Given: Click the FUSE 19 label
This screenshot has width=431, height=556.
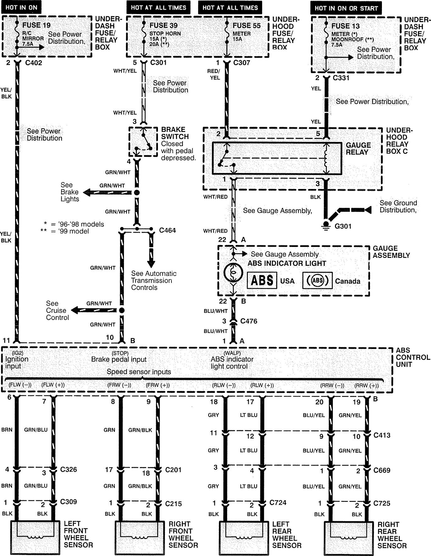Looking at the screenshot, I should [36, 25].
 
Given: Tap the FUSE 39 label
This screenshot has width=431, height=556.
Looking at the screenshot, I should [163, 26].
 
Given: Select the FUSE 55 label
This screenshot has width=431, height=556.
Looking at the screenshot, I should [247, 26].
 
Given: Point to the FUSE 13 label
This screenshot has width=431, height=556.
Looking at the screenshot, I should [345, 26].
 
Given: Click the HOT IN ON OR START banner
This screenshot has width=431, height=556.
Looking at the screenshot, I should [346, 8].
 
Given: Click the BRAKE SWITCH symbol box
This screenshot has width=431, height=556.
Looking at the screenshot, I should [143, 142].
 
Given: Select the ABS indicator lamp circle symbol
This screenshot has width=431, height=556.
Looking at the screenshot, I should [233, 273].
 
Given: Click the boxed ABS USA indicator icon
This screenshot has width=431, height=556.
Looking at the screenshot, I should [262, 281].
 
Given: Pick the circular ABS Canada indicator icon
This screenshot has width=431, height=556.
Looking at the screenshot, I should [317, 281].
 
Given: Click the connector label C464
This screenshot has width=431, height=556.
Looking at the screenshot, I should [167, 230].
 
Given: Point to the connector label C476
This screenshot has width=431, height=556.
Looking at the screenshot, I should [249, 321].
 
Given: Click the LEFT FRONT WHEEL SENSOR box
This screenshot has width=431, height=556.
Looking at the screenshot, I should [35, 537].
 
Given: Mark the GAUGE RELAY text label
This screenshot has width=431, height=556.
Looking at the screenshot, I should [358, 149].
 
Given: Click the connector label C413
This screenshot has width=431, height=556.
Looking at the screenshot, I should [382, 435].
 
